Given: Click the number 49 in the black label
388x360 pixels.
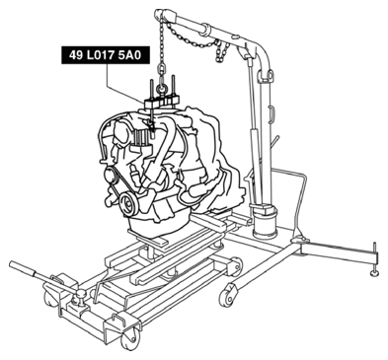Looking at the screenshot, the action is [x=75, y=55].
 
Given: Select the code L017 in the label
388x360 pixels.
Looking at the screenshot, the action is [x=100, y=55].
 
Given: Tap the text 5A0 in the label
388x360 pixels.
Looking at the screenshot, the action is [x=129, y=55].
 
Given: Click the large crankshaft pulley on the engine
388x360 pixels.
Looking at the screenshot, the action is [x=128, y=204].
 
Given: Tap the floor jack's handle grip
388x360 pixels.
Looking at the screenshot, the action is [x=23, y=269].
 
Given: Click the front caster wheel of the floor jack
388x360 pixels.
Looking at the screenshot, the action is [x=128, y=339].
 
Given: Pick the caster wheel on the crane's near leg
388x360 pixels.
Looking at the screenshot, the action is [x=227, y=295].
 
